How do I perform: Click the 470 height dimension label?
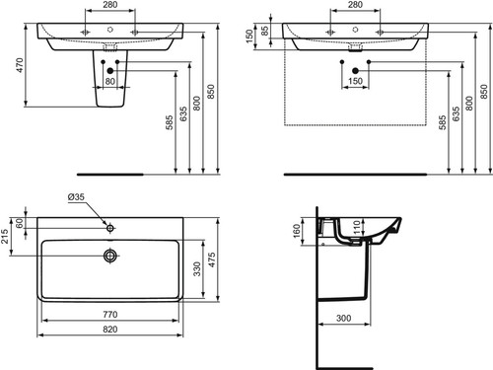[x=20, y=65]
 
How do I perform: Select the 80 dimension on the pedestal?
[x=110, y=81]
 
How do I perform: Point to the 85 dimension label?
[x=264, y=31]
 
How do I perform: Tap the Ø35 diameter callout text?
[x=76, y=197]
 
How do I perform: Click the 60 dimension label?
[x=20, y=223]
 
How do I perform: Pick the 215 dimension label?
[x=5, y=237]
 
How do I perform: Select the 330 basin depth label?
[x=196, y=269]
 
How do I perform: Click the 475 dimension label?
[x=212, y=259]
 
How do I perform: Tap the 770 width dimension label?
[x=110, y=315]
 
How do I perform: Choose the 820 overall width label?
[x=110, y=330]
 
